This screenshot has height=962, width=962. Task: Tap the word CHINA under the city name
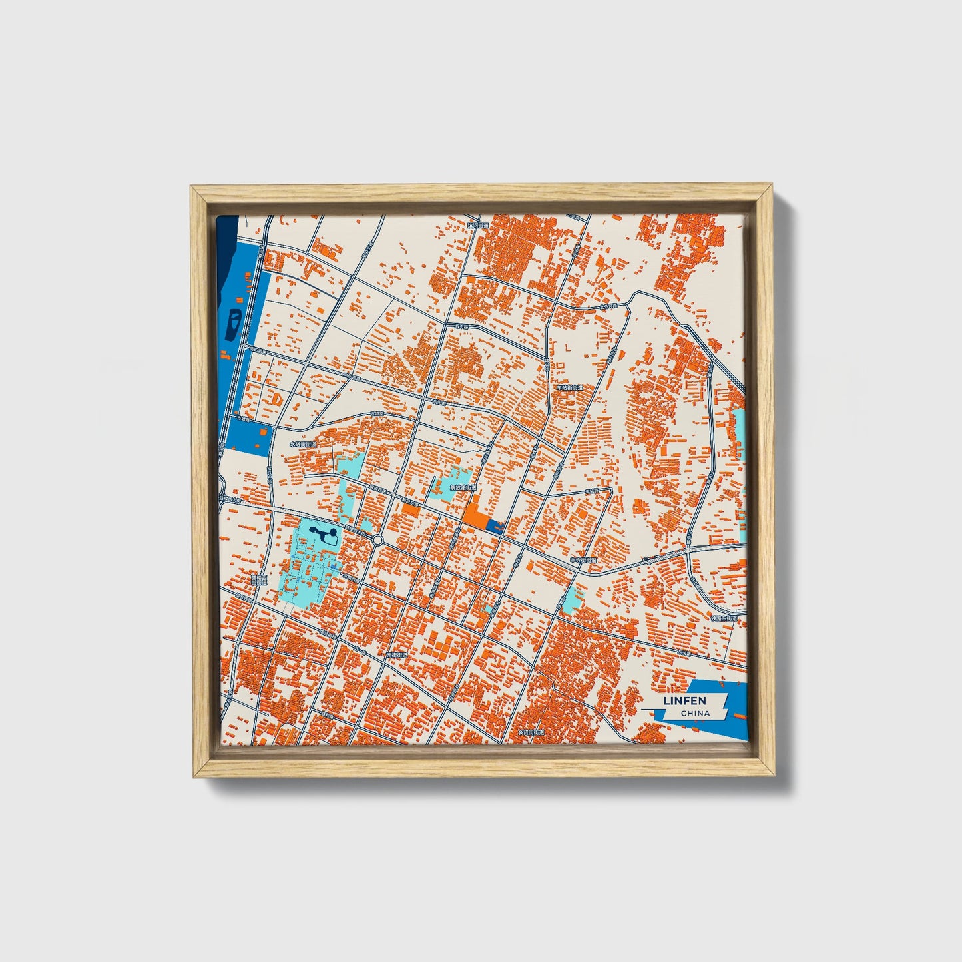[x=696, y=713]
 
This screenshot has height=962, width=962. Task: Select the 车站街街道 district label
[x=570, y=387]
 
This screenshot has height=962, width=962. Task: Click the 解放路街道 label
[x=463, y=487]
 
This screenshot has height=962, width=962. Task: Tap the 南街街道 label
[x=396, y=655]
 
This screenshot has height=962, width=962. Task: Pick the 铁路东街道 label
[x=724, y=618]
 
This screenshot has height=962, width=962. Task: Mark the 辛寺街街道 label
[x=581, y=561]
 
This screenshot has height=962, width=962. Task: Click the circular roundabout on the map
[x=377, y=539]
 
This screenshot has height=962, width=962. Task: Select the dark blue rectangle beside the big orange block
[x=495, y=526]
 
